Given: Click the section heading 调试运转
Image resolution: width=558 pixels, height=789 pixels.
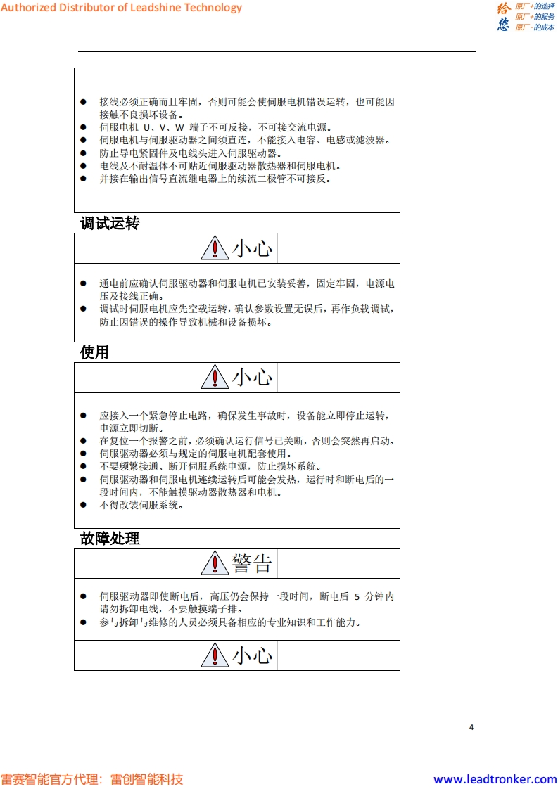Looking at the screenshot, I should pyautogui.click(x=110, y=224).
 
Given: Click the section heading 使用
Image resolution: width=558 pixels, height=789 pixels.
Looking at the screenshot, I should pyautogui.click(x=94, y=352).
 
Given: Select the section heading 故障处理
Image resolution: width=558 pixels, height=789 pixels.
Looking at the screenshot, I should pyautogui.click(x=110, y=539).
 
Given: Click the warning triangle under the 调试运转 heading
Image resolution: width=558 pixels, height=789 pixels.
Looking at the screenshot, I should pyautogui.click(x=214, y=249).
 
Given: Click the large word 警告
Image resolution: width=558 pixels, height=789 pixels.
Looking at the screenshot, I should pyautogui.click(x=252, y=563).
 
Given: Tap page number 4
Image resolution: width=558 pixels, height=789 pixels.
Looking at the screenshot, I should pyautogui.click(x=471, y=727).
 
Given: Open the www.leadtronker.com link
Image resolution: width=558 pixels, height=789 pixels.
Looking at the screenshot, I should pyautogui.click(x=495, y=779).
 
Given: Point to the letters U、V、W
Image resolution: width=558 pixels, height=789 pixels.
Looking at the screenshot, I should pyautogui.click(x=163, y=127).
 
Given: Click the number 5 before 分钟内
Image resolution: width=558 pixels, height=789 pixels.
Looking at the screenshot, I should pyautogui.click(x=357, y=596).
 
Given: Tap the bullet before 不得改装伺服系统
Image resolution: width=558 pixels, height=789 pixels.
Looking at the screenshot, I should pyautogui.click(x=83, y=504).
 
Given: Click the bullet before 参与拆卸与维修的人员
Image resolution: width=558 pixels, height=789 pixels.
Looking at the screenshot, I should pyautogui.click(x=83, y=622).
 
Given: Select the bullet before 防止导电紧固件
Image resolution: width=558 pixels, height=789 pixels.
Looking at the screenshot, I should pyautogui.click(x=83, y=153).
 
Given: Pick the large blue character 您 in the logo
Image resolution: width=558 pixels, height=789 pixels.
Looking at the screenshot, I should pyautogui.click(x=504, y=25).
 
